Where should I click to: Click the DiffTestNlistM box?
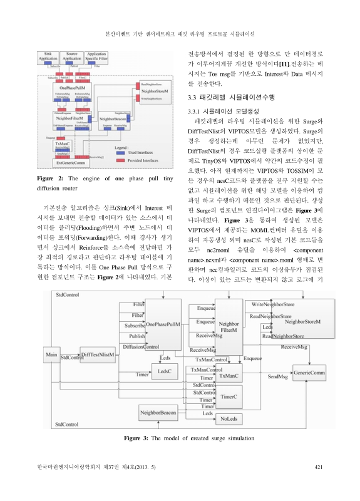(98, 355)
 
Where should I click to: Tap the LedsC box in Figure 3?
(165, 371)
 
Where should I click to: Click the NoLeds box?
(229, 418)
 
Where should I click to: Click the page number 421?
(317, 467)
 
